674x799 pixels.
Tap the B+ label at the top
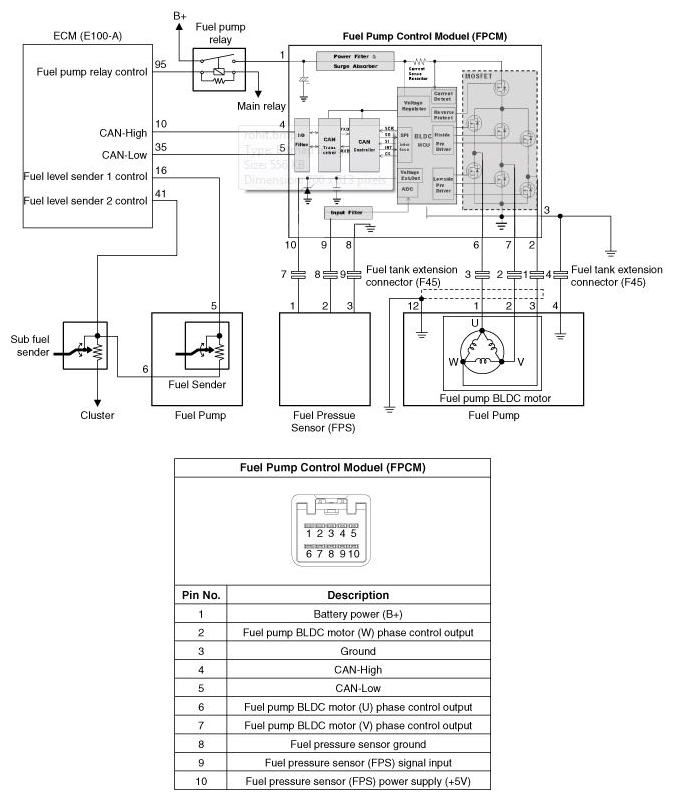click(180, 15)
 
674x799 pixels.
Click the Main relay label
click(260, 105)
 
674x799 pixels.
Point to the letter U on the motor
click(476, 322)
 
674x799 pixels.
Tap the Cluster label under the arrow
click(98, 415)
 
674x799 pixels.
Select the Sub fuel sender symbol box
click(84, 346)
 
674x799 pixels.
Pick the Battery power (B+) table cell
click(357, 614)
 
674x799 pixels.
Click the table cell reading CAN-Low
click(357, 689)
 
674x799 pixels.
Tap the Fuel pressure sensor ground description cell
click(357, 744)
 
